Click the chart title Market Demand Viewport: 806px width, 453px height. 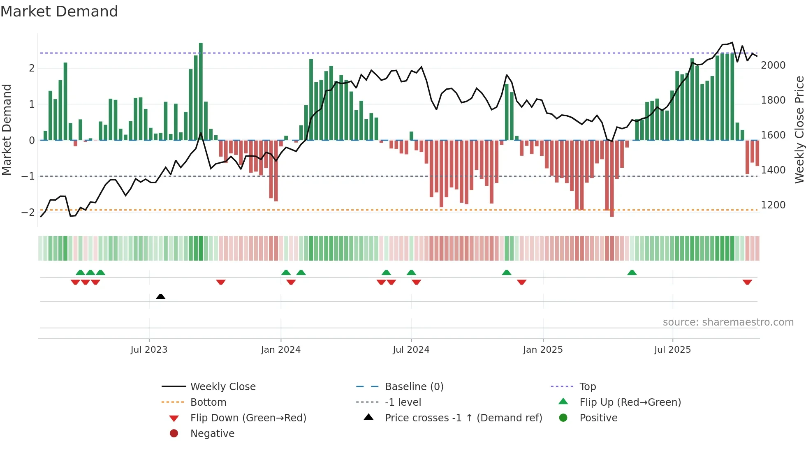click(x=59, y=12)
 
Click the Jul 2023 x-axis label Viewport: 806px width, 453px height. click(x=149, y=350)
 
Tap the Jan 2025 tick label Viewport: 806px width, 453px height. click(x=543, y=350)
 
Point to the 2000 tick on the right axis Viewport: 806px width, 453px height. click(x=773, y=65)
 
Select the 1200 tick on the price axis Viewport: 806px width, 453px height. click(x=773, y=205)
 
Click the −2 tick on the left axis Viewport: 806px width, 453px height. click(x=28, y=213)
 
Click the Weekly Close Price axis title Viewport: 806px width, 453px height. click(x=799, y=129)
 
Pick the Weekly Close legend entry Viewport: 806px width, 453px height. click(x=222, y=387)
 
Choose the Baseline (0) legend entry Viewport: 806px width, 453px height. click(x=414, y=387)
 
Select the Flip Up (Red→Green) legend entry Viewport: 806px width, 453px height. click(x=630, y=402)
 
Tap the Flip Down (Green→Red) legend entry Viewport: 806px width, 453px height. click(x=248, y=418)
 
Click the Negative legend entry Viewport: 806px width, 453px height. click(x=212, y=434)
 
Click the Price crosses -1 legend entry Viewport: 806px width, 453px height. click(x=463, y=418)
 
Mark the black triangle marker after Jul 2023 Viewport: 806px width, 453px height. click(x=161, y=297)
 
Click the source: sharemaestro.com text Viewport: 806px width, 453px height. click(x=728, y=322)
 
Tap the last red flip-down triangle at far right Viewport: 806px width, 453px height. click(x=747, y=282)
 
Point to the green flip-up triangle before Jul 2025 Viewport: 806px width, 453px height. click(x=632, y=273)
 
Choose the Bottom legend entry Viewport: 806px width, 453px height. click(x=208, y=402)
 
